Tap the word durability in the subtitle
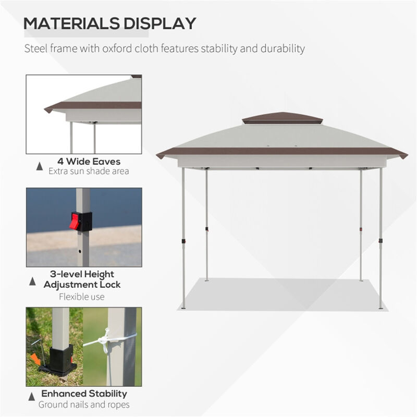coord(284,49)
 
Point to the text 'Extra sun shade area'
coord(89,171)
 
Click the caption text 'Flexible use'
coord(81,297)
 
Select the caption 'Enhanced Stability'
coord(84,394)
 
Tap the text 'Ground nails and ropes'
coord(84,404)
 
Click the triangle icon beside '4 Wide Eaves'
coord(39,166)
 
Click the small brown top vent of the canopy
coord(282,118)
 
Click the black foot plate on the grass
coord(61,362)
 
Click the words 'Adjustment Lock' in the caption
coord(82,285)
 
